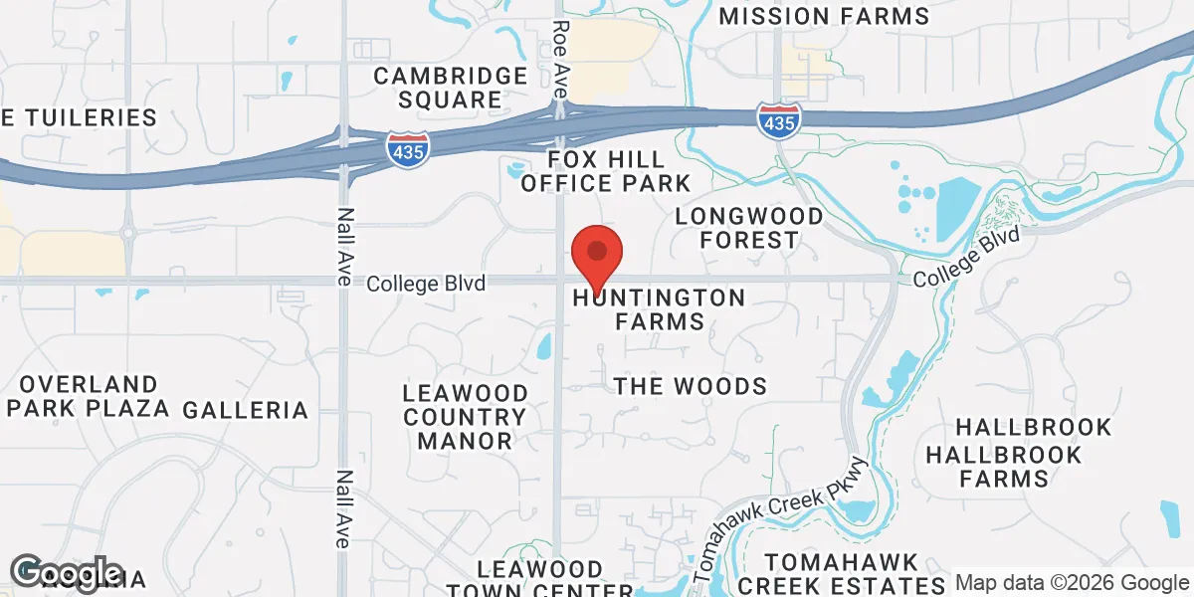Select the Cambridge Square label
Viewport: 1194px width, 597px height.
click(450, 88)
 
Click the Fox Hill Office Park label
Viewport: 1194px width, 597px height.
click(605, 171)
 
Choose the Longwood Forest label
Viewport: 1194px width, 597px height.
click(749, 228)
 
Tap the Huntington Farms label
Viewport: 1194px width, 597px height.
click(659, 309)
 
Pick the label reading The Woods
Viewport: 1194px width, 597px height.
click(691, 386)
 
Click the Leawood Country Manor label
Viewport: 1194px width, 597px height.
click(465, 416)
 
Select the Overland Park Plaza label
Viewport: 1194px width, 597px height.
click(88, 396)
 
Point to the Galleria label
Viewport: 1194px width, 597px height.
click(246, 409)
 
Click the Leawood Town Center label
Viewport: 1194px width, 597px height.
click(539, 577)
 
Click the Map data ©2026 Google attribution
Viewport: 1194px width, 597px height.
click(1072, 582)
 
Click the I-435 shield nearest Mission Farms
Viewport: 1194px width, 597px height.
click(778, 120)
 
